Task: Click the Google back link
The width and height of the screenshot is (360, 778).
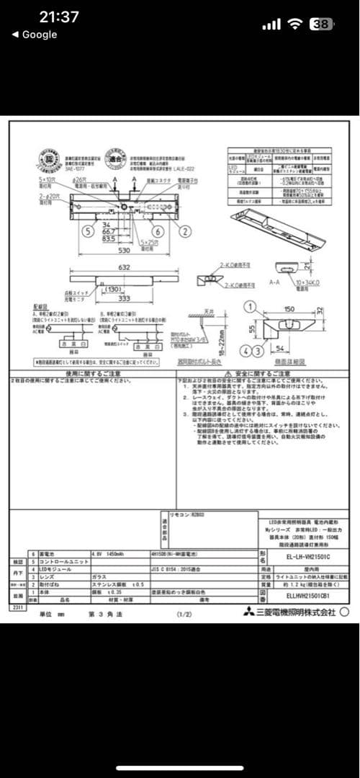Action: (x=34, y=35)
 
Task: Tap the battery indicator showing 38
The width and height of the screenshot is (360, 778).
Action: (x=322, y=24)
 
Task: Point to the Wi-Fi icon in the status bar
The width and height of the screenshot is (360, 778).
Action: (x=294, y=24)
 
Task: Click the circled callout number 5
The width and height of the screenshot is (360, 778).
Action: (x=87, y=231)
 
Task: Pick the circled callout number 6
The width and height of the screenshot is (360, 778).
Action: (x=158, y=231)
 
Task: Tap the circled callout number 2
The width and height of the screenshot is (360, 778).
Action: (x=185, y=231)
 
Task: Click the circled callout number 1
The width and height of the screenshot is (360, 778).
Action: (x=251, y=307)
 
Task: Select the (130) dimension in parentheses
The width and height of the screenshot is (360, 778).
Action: (x=112, y=289)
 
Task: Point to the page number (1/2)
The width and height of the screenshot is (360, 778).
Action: (x=184, y=614)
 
